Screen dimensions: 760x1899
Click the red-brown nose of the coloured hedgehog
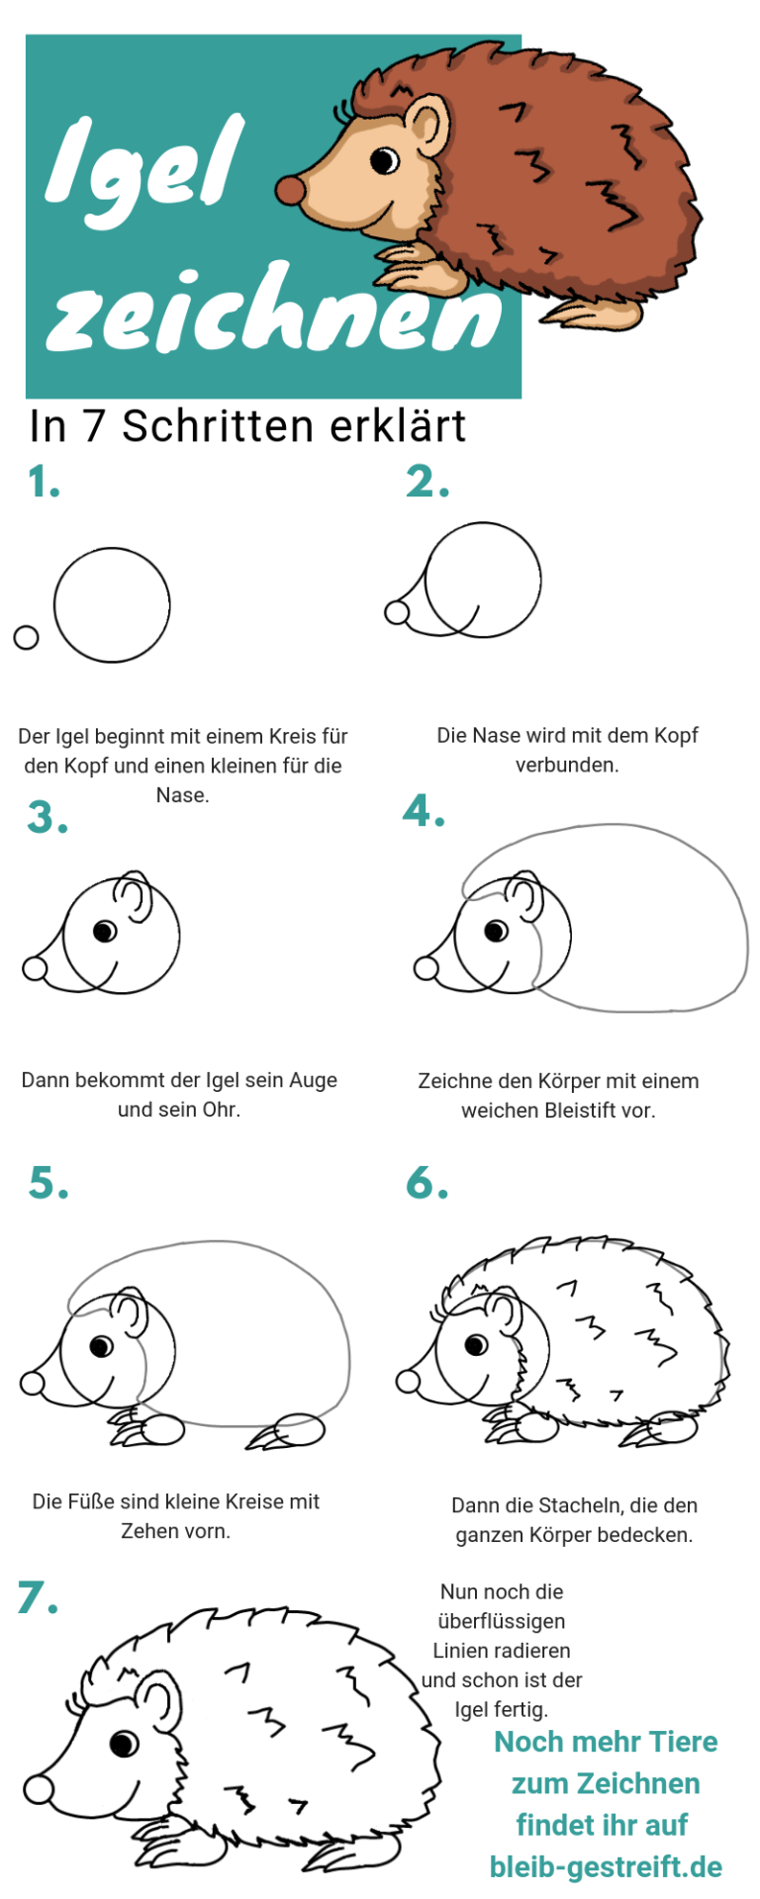(x=289, y=189)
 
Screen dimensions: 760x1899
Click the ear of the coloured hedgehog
(x=427, y=128)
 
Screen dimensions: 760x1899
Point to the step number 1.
(x=44, y=483)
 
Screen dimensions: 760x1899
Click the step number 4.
(x=424, y=811)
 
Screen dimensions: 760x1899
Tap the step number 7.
(x=38, y=1597)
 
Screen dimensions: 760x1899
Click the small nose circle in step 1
(x=26, y=637)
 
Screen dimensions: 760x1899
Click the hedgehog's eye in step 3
(x=104, y=931)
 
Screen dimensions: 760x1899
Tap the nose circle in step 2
(x=397, y=612)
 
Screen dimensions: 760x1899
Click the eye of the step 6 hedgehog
(x=476, y=1344)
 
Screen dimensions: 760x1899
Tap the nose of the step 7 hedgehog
(x=39, y=1788)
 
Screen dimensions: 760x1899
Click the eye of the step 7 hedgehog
(x=124, y=1742)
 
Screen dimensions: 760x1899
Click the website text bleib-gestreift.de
(x=606, y=1866)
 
